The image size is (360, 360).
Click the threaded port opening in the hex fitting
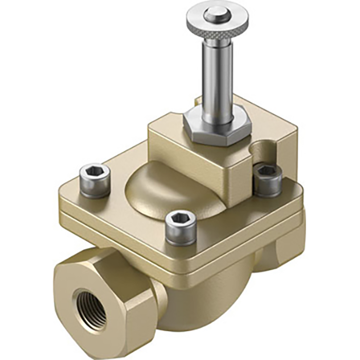coord(92,309)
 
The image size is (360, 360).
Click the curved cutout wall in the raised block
coord(262,152)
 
